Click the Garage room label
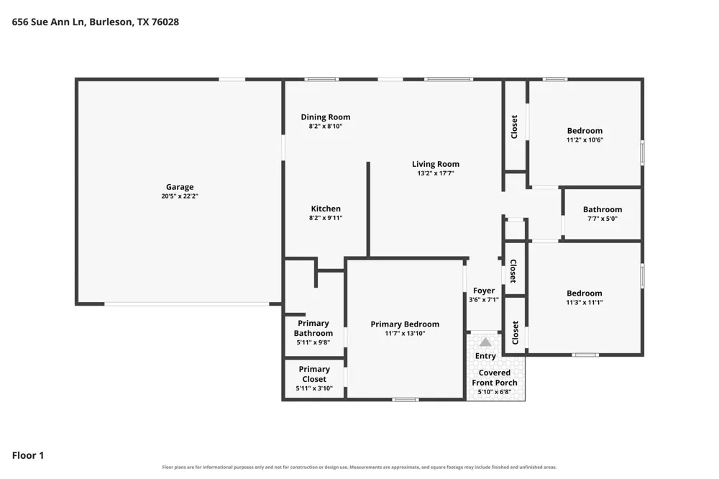click(180, 187)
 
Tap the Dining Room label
click(326, 117)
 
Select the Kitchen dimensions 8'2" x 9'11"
click(326, 218)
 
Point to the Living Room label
click(436, 164)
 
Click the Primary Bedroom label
click(405, 324)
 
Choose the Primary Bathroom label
click(313, 328)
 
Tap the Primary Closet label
click(314, 374)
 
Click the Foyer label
click(484, 291)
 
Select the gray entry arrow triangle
click(485, 342)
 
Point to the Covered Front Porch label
click(495, 378)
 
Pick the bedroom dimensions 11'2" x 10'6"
click(585, 140)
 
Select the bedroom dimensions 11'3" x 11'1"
click(584, 302)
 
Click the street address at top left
click(96, 22)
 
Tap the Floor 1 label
click(28, 455)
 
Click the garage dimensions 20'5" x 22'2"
click(180, 196)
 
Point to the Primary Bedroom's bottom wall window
click(405, 400)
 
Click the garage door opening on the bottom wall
click(187, 304)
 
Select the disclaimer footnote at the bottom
click(359, 467)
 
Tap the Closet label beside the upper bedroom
click(514, 127)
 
